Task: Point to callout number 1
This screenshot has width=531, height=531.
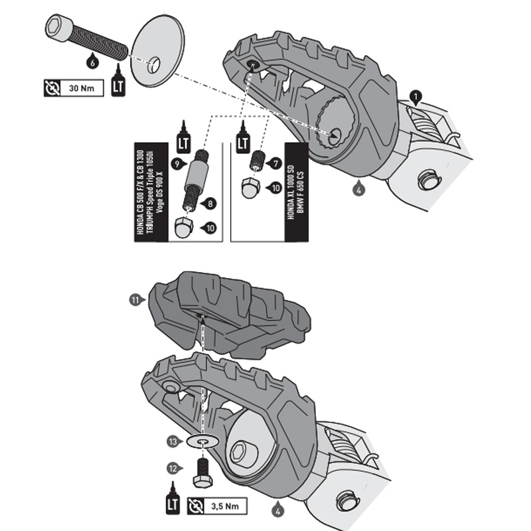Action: click(x=416, y=97)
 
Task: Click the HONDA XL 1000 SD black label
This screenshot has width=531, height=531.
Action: click(x=294, y=191)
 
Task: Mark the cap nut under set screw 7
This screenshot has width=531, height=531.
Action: click(x=250, y=189)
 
